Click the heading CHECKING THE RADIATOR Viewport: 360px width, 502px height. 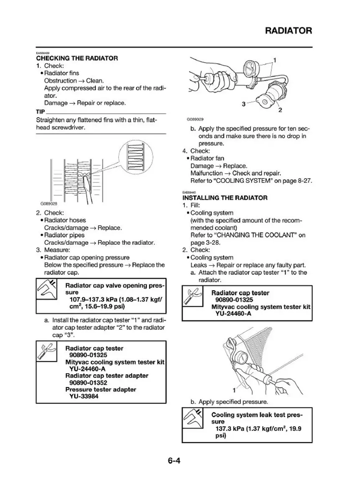(x=77, y=59)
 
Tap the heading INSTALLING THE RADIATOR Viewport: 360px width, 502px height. (x=225, y=197)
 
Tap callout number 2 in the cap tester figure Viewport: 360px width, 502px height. (x=280, y=110)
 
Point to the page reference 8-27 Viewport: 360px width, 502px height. (x=304, y=181)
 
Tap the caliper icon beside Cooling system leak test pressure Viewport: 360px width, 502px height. (x=192, y=419)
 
